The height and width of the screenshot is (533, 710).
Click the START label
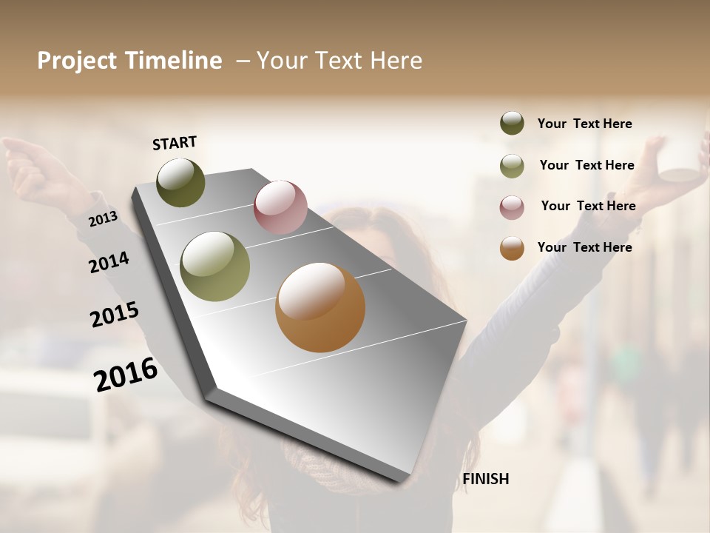click(175, 143)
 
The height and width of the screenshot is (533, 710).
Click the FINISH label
click(485, 479)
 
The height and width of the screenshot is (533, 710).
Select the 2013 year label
click(103, 219)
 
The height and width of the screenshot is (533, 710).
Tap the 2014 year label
click(109, 263)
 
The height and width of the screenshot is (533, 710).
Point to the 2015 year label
click(115, 315)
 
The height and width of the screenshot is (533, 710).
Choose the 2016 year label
click(126, 375)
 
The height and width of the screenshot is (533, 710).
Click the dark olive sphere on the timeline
click(180, 182)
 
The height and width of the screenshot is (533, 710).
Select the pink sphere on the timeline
click(280, 207)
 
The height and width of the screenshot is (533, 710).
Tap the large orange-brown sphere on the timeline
click(320, 307)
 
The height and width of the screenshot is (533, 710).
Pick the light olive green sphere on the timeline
click(214, 266)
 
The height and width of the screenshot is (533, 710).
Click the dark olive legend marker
click(512, 124)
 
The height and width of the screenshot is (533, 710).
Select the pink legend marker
click(512, 207)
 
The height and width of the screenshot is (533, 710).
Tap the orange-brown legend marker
click(512, 248)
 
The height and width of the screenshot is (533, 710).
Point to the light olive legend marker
click(512, 166)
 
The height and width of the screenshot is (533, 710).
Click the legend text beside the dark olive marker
click(584, 124)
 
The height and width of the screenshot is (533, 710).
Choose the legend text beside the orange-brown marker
click(584, 247)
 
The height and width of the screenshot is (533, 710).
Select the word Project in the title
click(77, 61)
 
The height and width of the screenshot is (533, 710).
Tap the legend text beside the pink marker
click(588, 206)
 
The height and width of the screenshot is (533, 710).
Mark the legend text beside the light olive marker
click(586, 165)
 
